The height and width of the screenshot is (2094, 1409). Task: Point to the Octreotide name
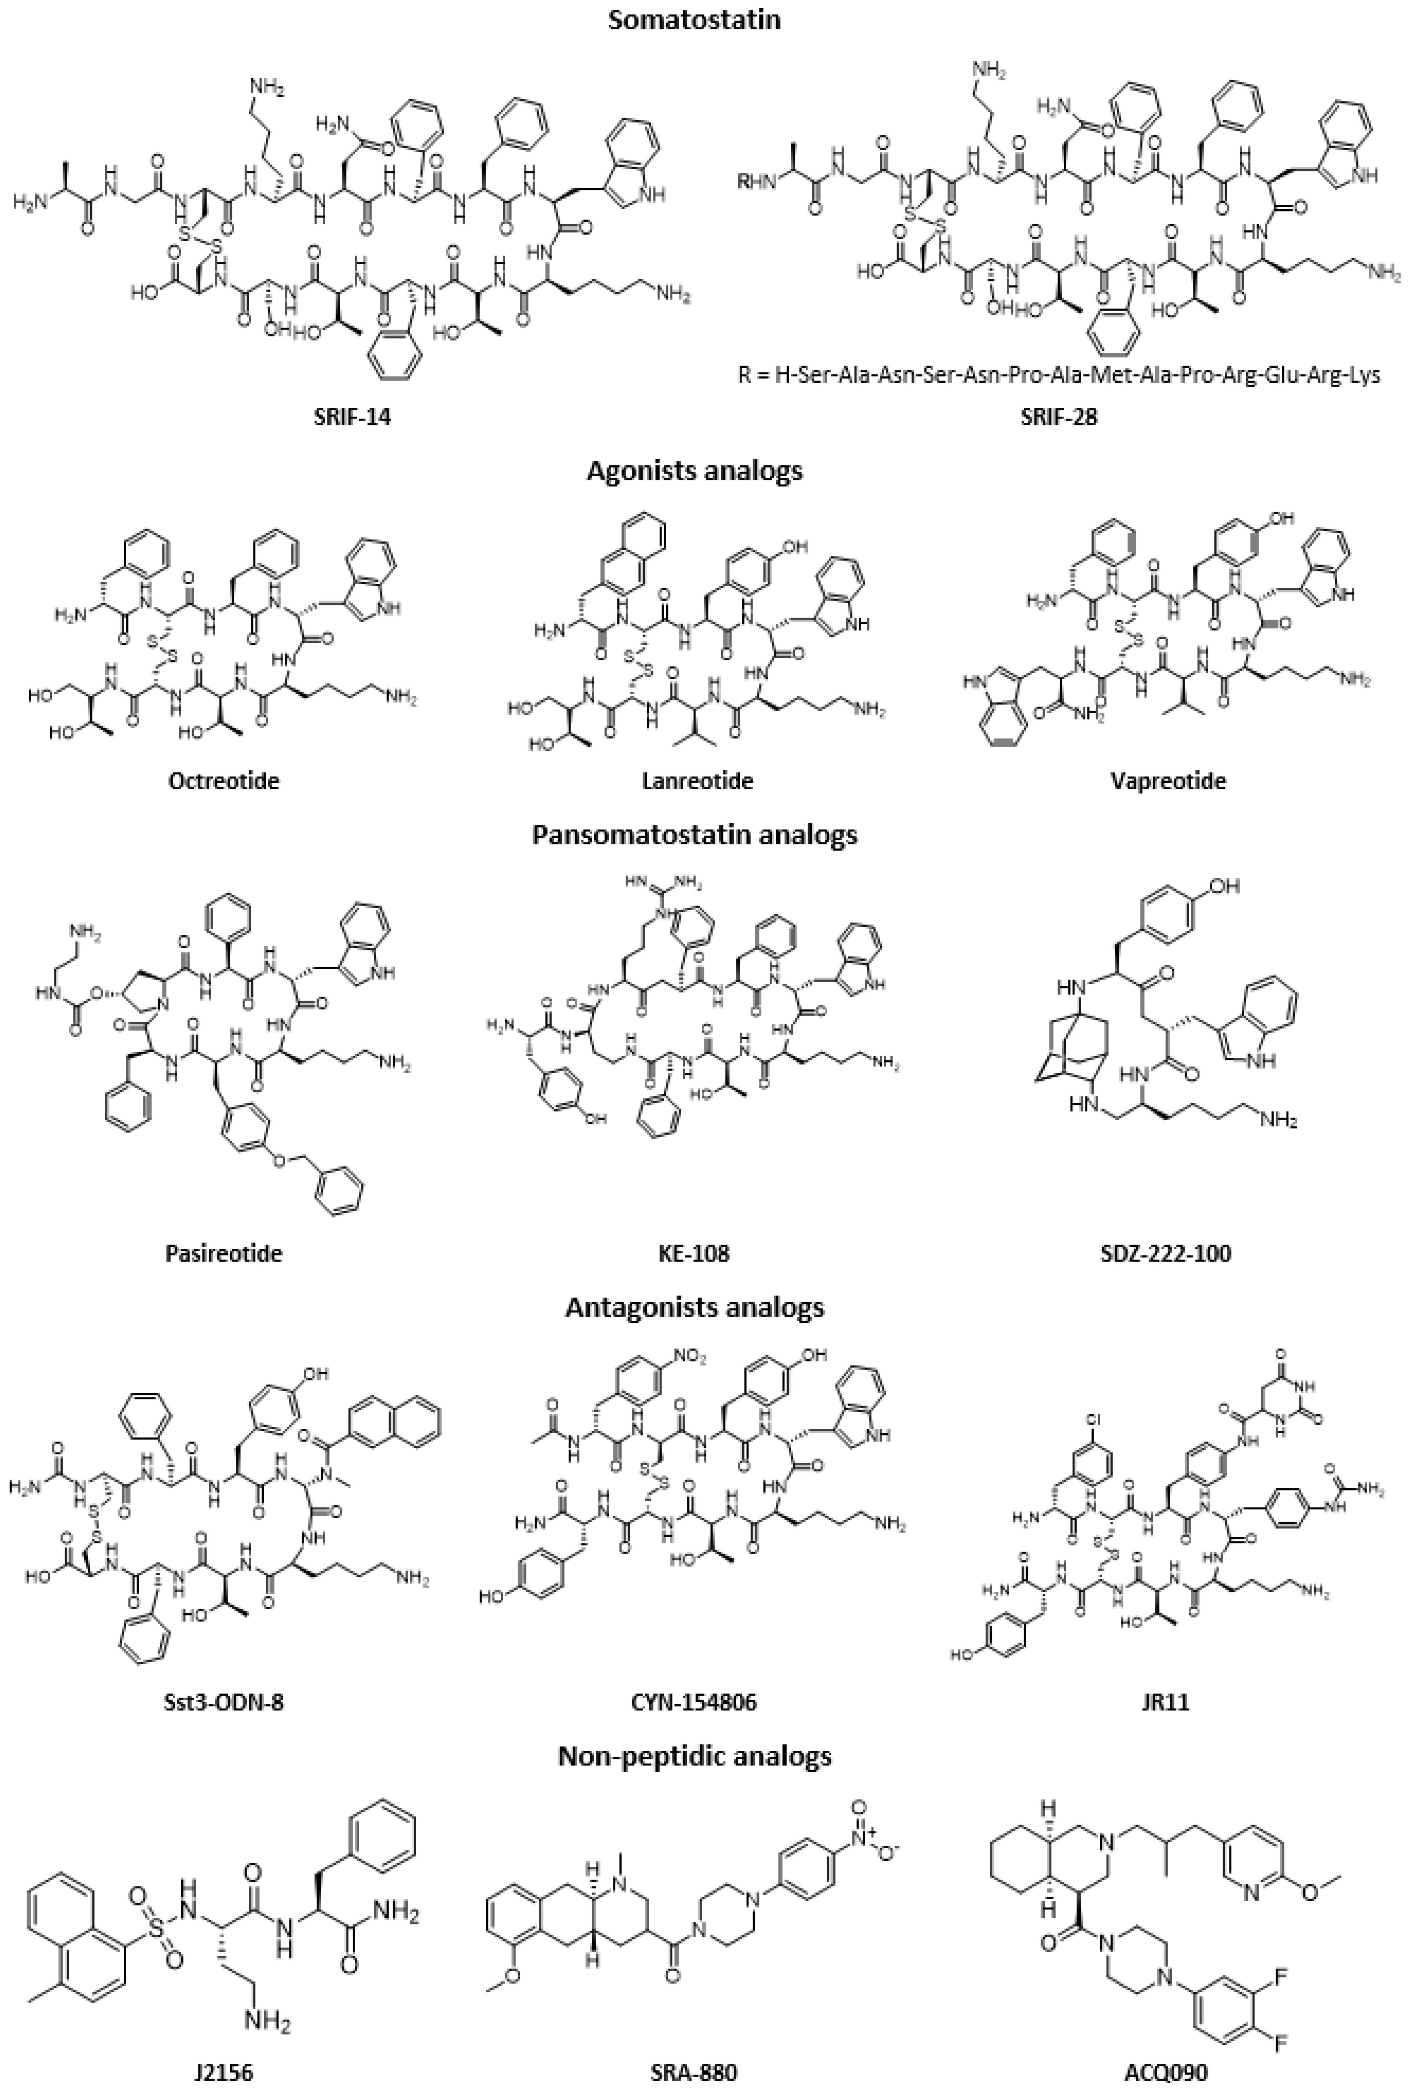click(224, 780)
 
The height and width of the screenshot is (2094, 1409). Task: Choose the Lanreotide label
click(697, 780)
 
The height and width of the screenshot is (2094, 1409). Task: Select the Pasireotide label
click(224, 1252)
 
